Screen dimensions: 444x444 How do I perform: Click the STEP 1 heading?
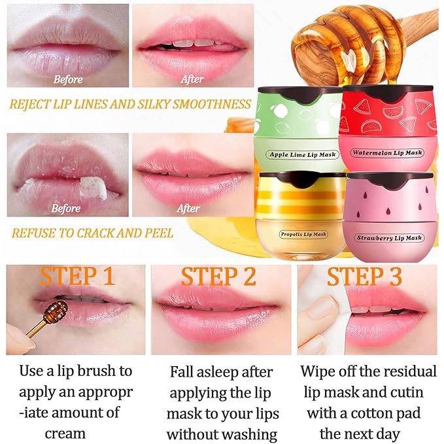point(77,277)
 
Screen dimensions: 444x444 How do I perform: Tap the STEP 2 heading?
point(218,277)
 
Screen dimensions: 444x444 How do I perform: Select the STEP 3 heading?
point(364,277)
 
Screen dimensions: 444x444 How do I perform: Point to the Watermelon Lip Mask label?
point(388,153)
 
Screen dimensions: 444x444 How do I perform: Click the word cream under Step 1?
point(65,434)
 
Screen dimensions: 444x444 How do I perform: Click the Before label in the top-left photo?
point(67,80)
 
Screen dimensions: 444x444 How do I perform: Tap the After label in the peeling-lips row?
point(188,209)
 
